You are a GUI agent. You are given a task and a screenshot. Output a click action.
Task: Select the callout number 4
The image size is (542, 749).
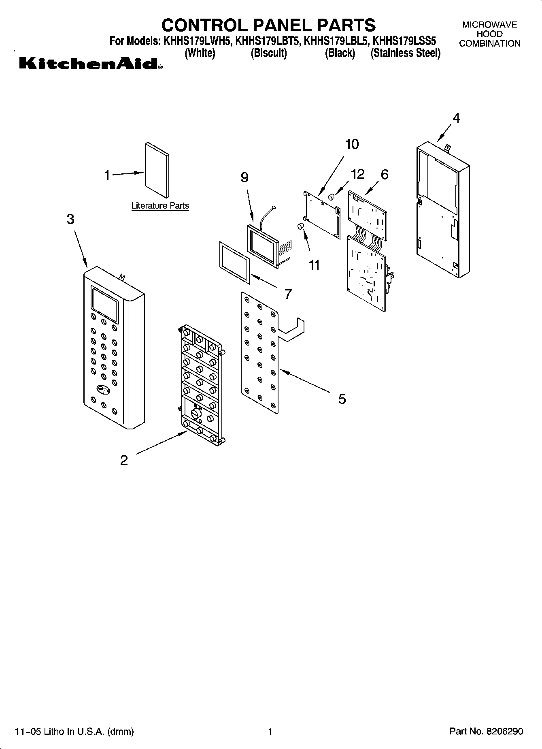click(456, 118)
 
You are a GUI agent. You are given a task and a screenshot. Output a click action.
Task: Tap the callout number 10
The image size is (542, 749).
click(352, 144)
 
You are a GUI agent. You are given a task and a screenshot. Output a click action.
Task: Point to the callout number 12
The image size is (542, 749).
click(357, 174)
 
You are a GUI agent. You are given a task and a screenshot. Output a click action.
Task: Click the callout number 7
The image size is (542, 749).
click(288, 294)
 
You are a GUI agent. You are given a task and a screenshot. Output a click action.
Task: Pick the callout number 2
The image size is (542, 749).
click(124, 460)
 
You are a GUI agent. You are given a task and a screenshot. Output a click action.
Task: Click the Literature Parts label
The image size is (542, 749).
click(160, 206)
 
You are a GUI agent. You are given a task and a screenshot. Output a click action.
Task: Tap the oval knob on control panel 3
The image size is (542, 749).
click(103, 389)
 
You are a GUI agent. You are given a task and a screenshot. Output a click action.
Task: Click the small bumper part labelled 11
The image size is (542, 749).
click(301, 226)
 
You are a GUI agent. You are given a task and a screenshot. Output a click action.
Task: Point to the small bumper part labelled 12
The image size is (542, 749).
click(331, 197)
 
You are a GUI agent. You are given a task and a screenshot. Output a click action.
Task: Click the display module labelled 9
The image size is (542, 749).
click(263, 245)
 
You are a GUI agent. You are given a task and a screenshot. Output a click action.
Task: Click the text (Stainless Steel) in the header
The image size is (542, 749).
click(405, 53)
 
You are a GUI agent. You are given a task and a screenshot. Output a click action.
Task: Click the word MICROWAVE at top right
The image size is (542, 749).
click(489, 25)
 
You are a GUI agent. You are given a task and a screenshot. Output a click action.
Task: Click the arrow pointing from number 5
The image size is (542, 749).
click(304, 380)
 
